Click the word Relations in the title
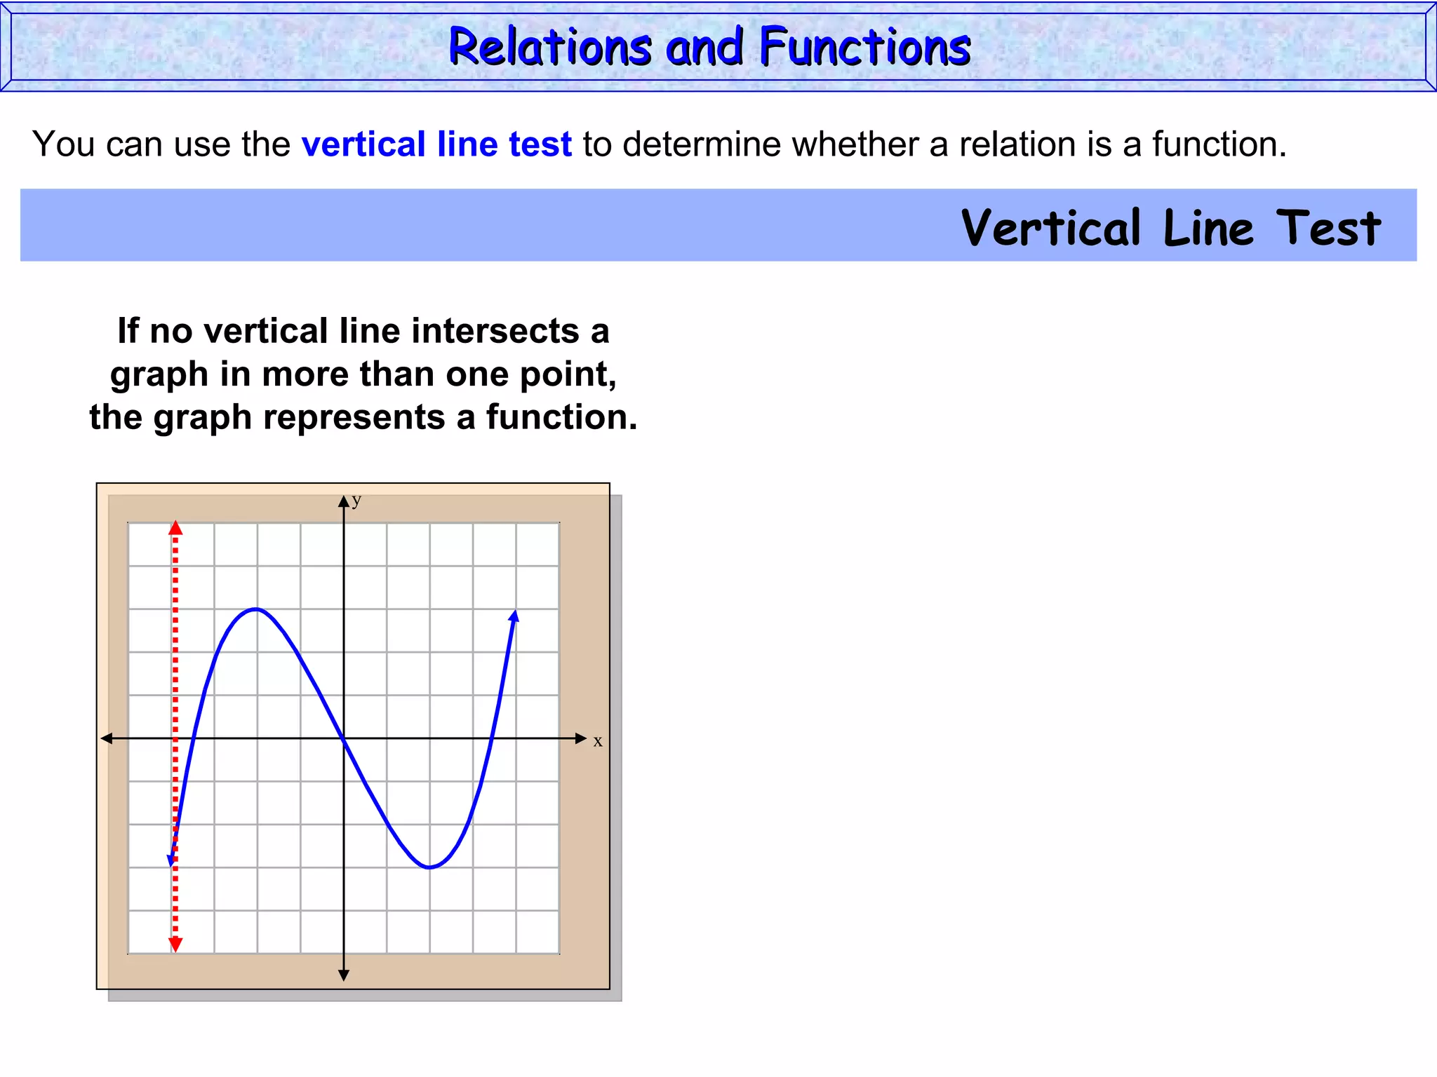(x=550, y=48)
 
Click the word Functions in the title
(x=865, y=48)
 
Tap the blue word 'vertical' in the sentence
(x=363, y=144)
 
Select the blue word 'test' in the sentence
(x=540, y=144)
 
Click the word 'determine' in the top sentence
(x=702, y=144)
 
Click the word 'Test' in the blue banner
(x=1328, y=229)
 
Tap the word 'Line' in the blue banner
(x=1208, y=229)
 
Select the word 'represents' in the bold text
(x=354, y=417)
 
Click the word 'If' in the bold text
(x=128, y=331)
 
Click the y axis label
(x=356, y=500)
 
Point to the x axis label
(x=598, y=742)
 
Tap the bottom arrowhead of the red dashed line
(x=175, y=945)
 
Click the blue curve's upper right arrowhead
(x=515, y=616)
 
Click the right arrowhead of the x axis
(x=580, y=738)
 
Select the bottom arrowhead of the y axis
(x=344, y=975)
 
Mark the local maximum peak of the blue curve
(x=257, y=609)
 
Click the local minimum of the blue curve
(x=429, y=867)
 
